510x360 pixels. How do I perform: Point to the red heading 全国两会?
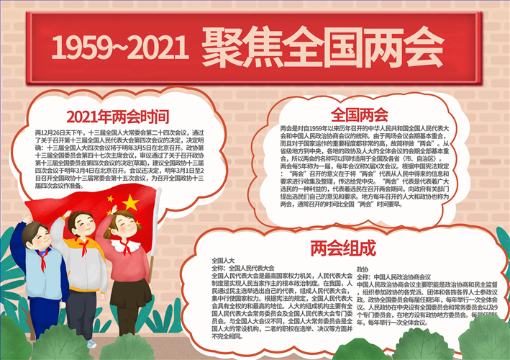point(359,115)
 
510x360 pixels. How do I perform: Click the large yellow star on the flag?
point(129,203)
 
